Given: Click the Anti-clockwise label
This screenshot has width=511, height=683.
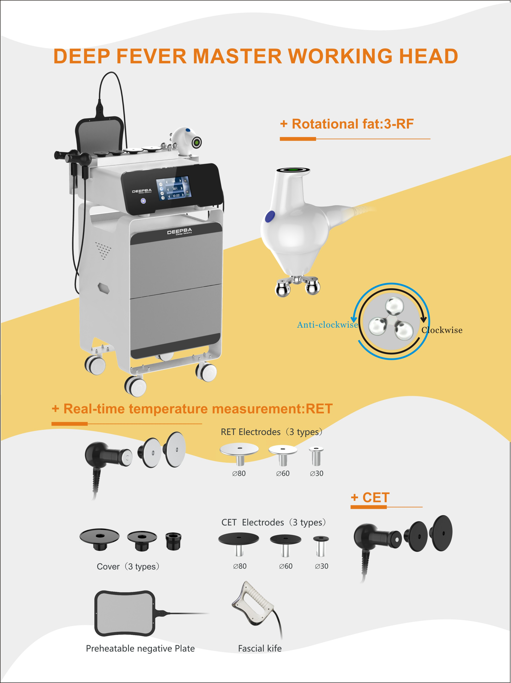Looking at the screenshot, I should click(327, 325).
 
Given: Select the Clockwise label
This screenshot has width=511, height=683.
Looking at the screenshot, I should click(442, 330).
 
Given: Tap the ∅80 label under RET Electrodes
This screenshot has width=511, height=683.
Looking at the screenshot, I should click(239, 473).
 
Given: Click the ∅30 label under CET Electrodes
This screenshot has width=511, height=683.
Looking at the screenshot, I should click(321, 566).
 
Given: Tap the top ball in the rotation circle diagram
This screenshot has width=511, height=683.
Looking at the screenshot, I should click(394, 306).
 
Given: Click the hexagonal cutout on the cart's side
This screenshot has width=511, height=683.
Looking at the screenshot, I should click(104, 288).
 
